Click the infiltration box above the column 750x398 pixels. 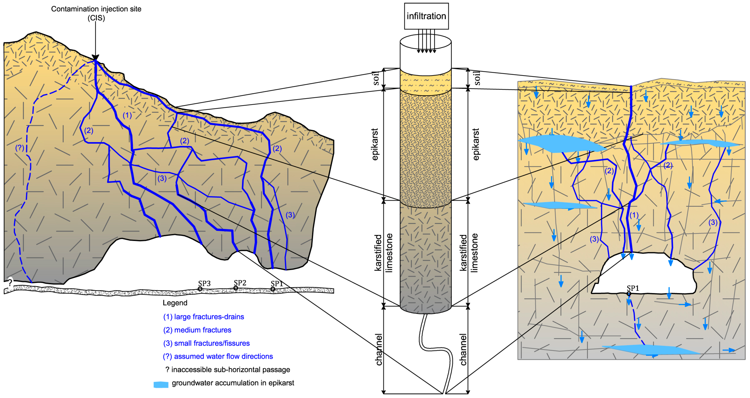(x=426, y=16)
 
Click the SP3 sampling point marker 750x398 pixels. (x=200, y=289)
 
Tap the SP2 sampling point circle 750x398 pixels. (x=236, y=288)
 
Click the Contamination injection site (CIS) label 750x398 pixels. (x=96, y=13)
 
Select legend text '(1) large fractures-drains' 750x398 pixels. (x=203, y=317)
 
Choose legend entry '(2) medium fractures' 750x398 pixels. (x=197, y=330)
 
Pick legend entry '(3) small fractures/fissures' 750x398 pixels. (x=206, y=343)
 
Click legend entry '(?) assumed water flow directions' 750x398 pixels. (x=218, y=356)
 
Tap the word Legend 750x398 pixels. (x=175, y=303)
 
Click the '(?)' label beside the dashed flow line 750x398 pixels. (x=19, y=148)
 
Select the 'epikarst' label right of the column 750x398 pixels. (x=475, y=144)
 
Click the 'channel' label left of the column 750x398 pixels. (x=378, y=349)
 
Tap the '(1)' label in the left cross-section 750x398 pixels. (x=127, y=115)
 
